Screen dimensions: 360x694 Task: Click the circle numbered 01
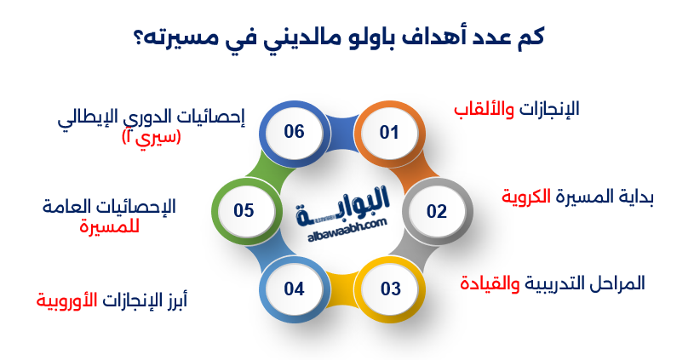tap(389, 133)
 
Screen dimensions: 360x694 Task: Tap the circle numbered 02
tap(436, 211)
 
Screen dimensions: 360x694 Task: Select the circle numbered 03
tap(390, 289)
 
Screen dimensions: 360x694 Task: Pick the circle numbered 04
tap(295, 289)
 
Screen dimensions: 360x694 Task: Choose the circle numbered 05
tap(244, 211)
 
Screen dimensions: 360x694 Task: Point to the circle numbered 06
tap(295, 133)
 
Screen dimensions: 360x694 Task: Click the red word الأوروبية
tap(65, 300)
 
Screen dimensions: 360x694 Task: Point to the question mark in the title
tap(137, 38)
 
